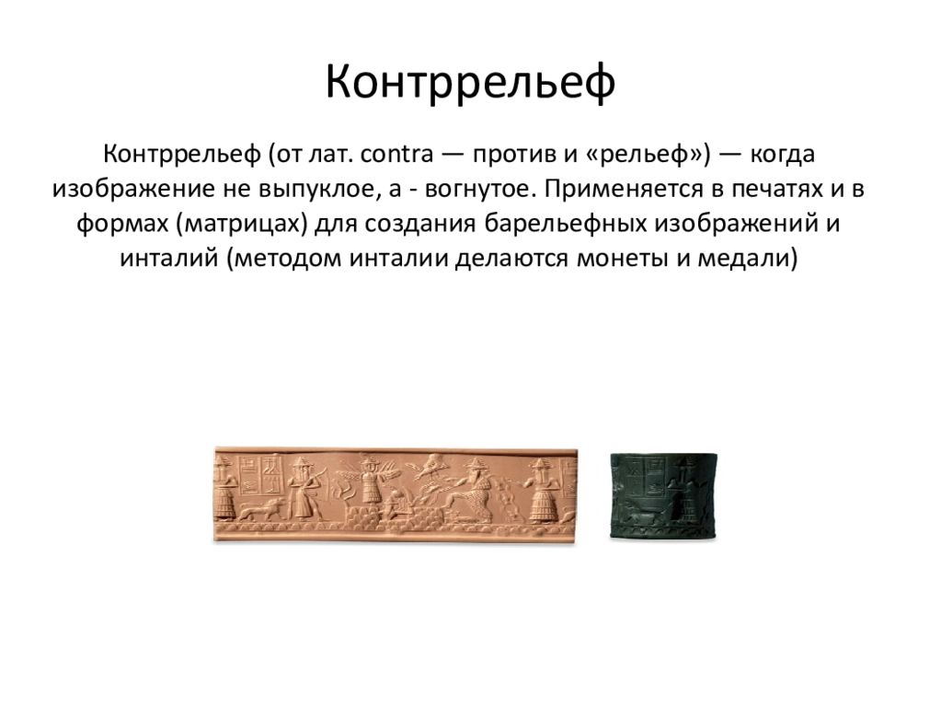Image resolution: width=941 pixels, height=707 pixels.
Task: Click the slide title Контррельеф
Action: point(470,82)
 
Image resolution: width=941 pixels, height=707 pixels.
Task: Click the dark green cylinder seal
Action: point(664,495)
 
